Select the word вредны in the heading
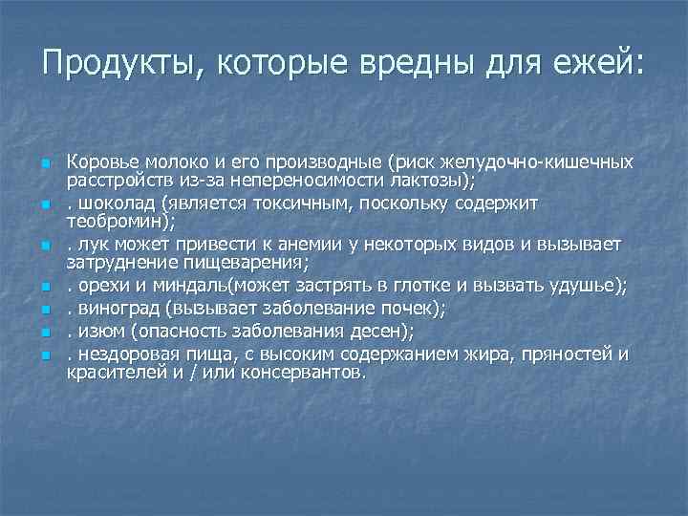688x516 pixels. click(420, 64)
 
